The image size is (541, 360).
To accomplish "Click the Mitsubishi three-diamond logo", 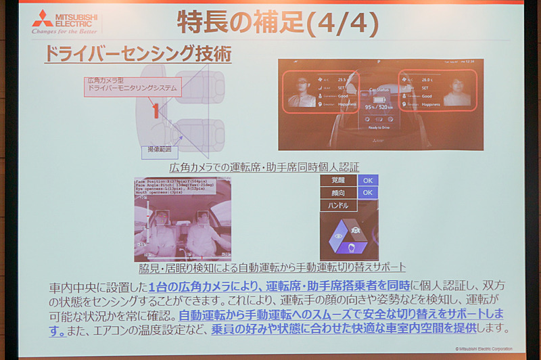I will tap(42, 18).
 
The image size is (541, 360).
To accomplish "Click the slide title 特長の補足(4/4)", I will tap(277, 22).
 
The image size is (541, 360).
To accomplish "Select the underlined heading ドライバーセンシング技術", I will tap(137, 53).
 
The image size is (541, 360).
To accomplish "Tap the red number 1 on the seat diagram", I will tap(155, 111).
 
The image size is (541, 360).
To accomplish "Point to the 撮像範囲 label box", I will tap(160, 149).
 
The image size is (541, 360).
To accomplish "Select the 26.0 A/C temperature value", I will tap(430, 78).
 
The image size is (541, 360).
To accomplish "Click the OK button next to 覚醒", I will tap(367, 181).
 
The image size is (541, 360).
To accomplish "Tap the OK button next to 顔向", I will tap(367, 193).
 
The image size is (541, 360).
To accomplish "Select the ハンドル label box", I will tap(338, 204).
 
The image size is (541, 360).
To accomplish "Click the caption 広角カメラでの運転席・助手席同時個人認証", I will tap(264, 166).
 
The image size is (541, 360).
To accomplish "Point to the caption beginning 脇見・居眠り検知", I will tap(270, 267).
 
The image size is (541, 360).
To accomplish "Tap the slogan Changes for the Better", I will tap(64, 31).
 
